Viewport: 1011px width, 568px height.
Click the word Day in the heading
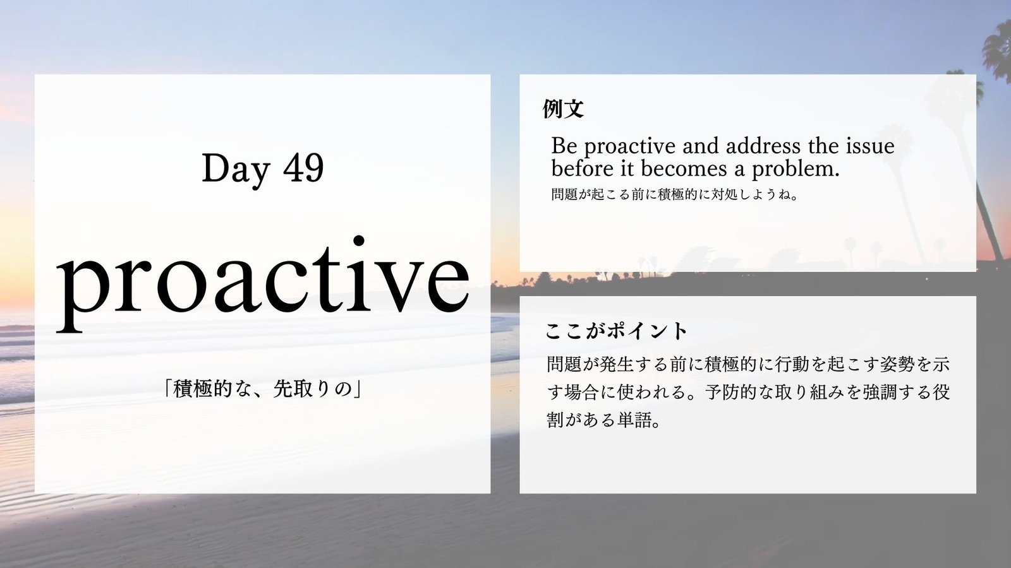point(236,169)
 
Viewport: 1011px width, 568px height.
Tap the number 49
point(304,167)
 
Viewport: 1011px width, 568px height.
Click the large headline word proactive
point(263,284)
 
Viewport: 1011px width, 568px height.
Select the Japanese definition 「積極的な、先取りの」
point(263,389)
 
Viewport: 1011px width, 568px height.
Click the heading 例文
point(563,109)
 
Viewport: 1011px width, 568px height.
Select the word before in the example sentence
point(579,169)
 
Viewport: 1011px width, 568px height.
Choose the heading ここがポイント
point(616,331)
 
